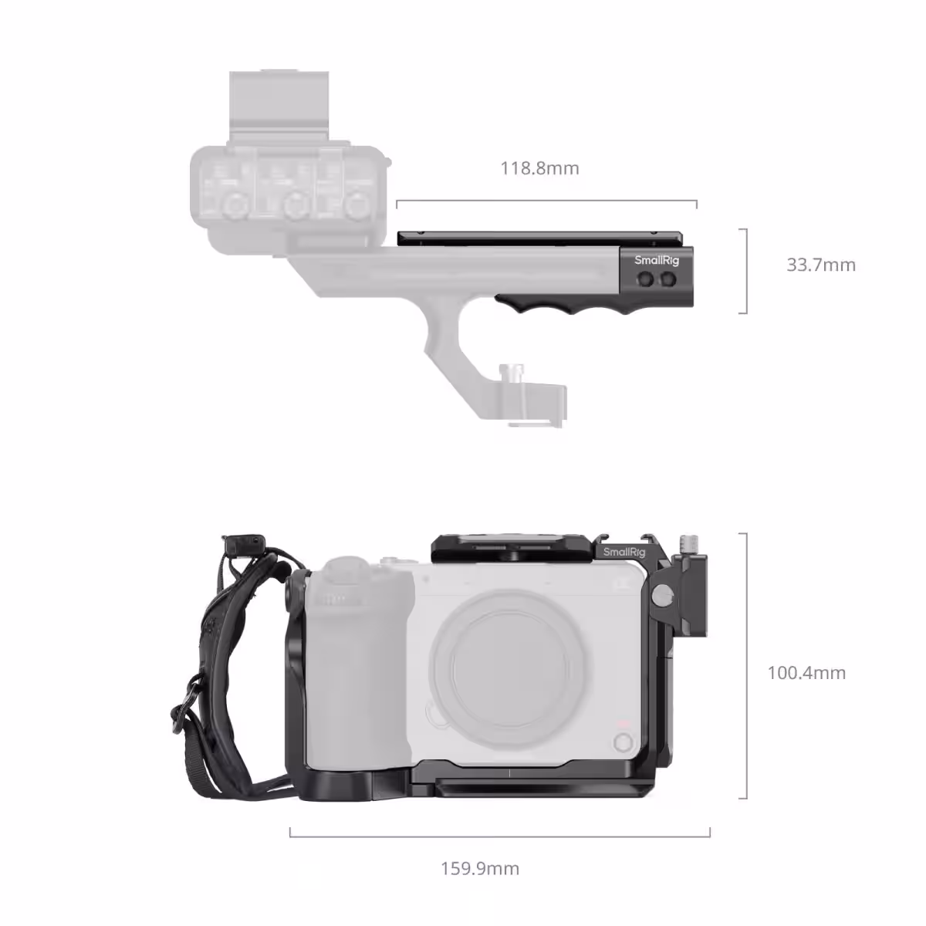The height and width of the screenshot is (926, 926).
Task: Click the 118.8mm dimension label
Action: [539, 168]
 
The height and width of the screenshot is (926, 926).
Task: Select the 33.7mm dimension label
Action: [820, 265]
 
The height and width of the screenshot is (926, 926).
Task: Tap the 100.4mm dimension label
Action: [806, 673]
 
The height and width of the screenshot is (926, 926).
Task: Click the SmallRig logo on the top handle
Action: [656, 261]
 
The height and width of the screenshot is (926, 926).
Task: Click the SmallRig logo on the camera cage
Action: [624, 552]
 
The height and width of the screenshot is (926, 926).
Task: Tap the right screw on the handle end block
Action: [667, 279]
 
